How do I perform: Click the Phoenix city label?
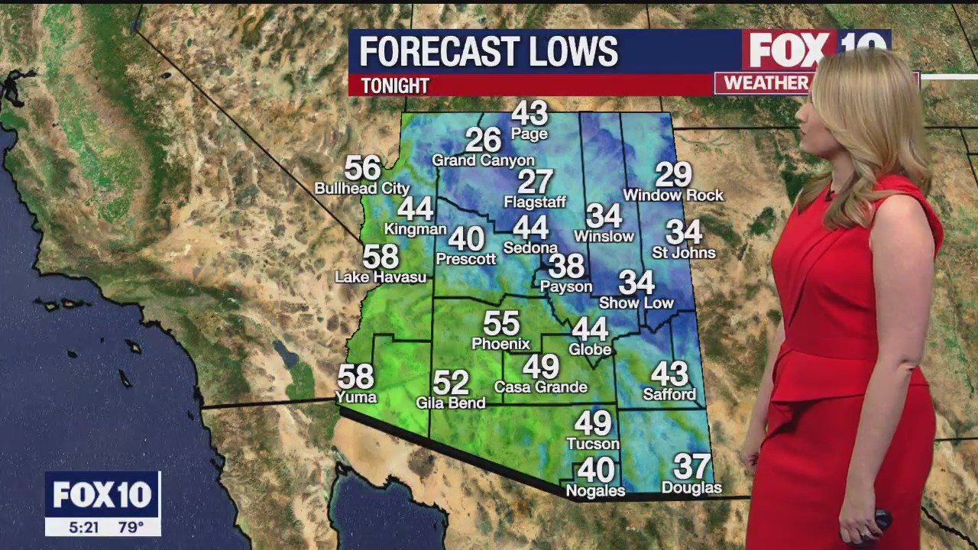500,344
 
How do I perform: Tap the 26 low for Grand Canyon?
483,140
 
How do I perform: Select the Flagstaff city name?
535,202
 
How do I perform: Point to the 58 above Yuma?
356,377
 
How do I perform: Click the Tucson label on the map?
593,443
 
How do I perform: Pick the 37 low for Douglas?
691,466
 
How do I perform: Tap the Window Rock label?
673,196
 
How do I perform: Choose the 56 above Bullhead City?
362,167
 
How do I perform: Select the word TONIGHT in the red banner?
395,86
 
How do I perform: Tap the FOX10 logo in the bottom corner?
102,495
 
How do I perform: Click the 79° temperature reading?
130,527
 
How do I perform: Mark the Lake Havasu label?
381,277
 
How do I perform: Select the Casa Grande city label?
541,387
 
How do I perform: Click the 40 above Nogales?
596,470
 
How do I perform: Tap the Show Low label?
636,303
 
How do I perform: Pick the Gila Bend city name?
451,403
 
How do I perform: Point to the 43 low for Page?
529,113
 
